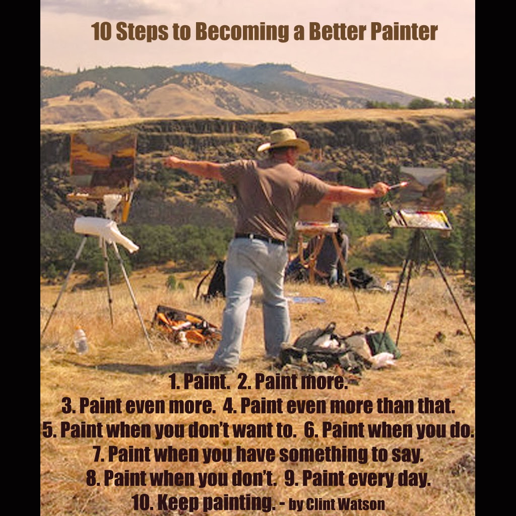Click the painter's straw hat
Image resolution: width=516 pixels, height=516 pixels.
point(284,141)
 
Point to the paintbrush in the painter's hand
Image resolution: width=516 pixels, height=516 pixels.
point(399,185)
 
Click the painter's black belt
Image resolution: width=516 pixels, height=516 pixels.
point(260,238)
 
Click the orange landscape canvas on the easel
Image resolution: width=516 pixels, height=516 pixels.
point(103,159)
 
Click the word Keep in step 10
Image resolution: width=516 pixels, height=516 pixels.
point(179,502)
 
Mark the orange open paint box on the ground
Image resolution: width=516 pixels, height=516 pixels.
point(186,326)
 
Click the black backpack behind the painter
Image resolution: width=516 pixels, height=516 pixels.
point(217,280)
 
